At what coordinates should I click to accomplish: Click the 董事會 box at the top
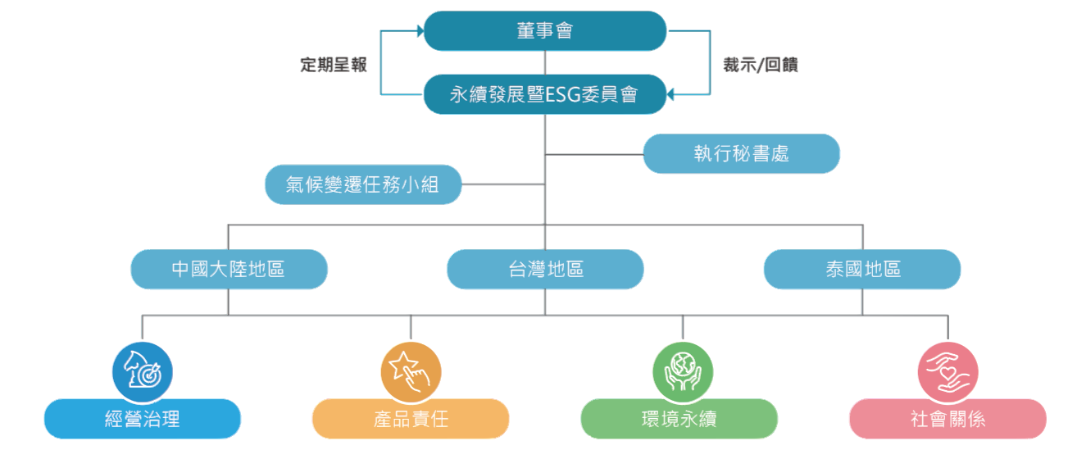pos(544,31)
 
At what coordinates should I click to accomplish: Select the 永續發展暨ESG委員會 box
pos(544,94)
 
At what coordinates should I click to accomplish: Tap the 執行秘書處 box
pos(741,154)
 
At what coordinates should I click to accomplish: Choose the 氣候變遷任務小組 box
pos(363,184)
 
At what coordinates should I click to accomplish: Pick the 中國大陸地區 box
pos(229,269)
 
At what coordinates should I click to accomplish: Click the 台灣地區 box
pos(545,269)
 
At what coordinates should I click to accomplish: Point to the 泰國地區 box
pos(862,269)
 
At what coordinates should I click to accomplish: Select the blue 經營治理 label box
pos(142,419)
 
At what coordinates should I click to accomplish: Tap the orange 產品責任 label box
pos(411,419)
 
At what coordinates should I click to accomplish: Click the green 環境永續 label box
pos(679,419)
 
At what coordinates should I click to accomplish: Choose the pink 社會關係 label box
pos(948,419)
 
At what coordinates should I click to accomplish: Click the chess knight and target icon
pos(142,371)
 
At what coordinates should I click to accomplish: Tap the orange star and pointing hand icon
pos(411,371)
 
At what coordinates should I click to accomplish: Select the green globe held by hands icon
pos(682,371)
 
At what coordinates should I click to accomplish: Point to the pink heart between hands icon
pos(948,371)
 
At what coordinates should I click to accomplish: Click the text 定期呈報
pos(333,65)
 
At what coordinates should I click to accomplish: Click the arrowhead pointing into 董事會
pos(419,31)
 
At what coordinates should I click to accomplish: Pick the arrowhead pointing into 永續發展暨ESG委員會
pos(670,94)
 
